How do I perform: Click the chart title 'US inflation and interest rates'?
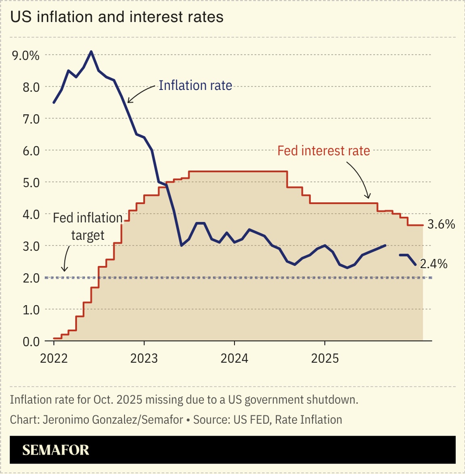[x=117, y=17]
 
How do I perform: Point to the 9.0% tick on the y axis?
[x=26, y=55]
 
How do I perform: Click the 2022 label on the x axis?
[x=54, y=358]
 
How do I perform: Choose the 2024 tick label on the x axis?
[x=234, y=358]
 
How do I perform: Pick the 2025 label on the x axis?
[x=325, y=358]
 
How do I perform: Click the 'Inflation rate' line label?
[x=195, y=85]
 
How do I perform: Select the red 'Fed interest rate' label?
[x=324, y=151]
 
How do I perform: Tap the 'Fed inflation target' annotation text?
[x=88, y=227]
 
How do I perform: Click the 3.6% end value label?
[x=441, y=225]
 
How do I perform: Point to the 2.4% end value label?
[x=434, y=264]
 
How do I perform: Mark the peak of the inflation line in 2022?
[x=91, y=52]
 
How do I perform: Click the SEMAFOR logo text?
[x=56, y=450]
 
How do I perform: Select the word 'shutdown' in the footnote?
[x=336, y=400]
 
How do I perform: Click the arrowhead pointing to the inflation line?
[x=128, y=101]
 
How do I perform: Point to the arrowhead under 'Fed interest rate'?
[x=368, y=197]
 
